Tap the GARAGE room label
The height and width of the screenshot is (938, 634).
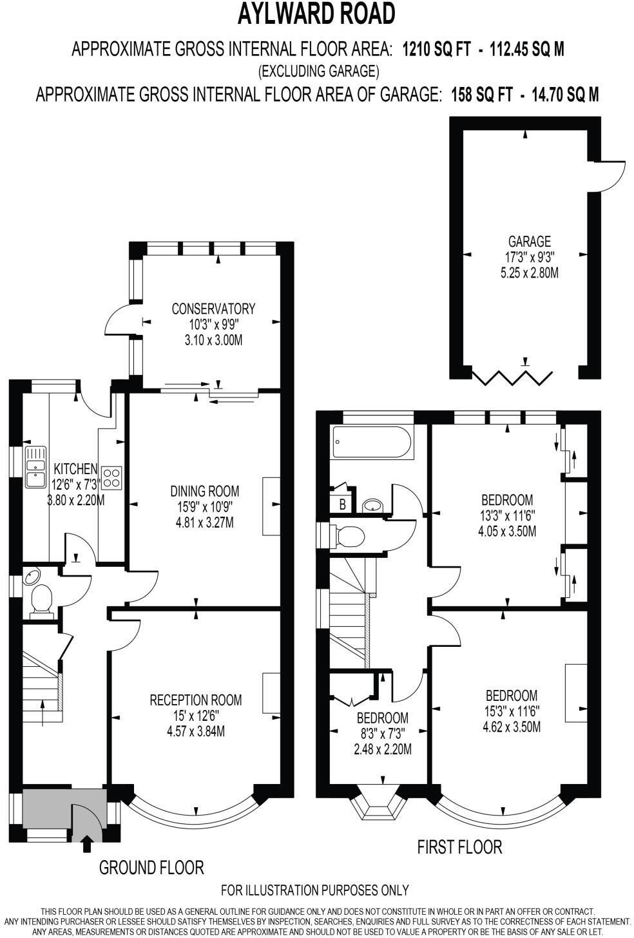click(x=529, y=242)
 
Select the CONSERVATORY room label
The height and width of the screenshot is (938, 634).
click(x=213, y=309)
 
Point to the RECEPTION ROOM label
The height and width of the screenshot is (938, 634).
click(x=195, y=700)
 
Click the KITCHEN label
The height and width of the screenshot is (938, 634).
click(x=75, y=469)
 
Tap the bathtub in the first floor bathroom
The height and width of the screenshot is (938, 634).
click(x=372, y=443)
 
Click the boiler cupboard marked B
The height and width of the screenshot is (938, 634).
click(x=343, y=504)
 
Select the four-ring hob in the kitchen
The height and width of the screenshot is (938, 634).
click(x=111, y=476)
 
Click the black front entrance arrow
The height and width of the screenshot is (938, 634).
click(x=87, y=842)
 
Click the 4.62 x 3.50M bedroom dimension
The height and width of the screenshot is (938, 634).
click(x=511, y=727)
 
